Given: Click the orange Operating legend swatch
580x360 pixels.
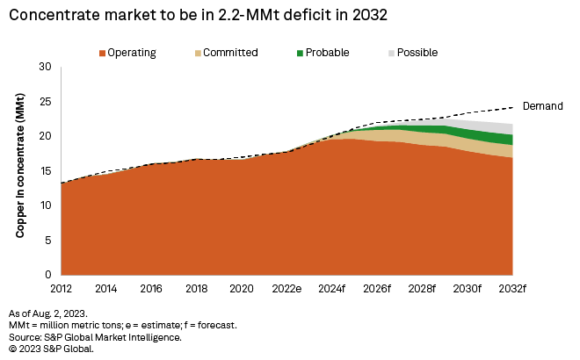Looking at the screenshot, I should pyautogui.click(x=102, y=53).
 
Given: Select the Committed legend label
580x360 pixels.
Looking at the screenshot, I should pyautogui.click(x=230, y=53).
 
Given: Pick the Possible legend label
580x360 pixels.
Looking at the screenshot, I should pyautogui.click(x=417, y=53).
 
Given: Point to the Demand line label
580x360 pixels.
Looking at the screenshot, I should pyautogui.click(x=542, y=105).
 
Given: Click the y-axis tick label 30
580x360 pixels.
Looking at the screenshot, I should pyautogui.click(x=47, y=68).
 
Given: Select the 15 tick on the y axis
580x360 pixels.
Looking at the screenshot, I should pyautogui.click(x=47, y=171).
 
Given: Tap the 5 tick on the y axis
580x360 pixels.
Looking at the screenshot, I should pyautogui.click(x=49, y=240).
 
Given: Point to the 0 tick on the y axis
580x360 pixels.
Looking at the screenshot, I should pyautogui.click(x=49, y=275).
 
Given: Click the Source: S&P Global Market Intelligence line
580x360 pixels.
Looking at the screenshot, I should pyautogui.click(x=94, y=336).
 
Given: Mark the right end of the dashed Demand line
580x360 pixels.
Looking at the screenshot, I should pyautogui.click(x=512, y=107).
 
